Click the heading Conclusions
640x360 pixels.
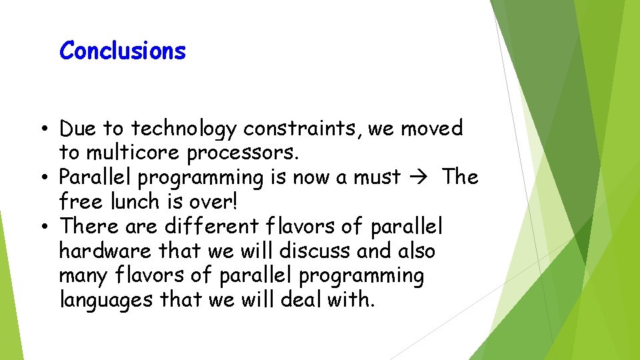point(123,51)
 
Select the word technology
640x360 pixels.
point(185,129)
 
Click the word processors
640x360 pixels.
point(243,153)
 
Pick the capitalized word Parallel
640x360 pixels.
point(95,177)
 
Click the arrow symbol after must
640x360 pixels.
point(422,177)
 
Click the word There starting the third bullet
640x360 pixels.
point(89,226)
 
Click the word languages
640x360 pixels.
point(107,301)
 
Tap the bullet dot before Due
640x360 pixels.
point(41,129)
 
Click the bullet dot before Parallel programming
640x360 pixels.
point(41,177)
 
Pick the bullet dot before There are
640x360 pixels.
point(41,226)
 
